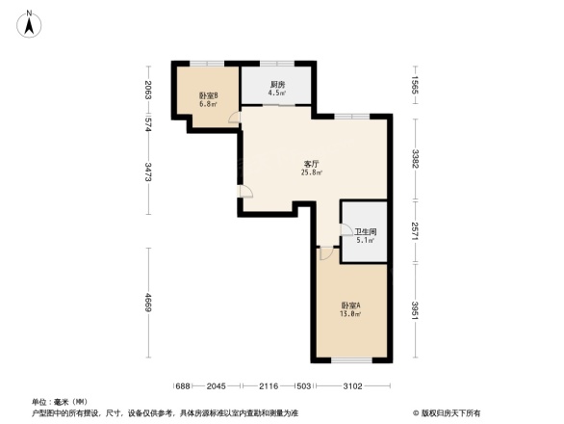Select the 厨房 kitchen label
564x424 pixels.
(x=277, y=89)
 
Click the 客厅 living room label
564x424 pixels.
(x=311, y=168)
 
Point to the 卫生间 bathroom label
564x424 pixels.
(x=366, y=236)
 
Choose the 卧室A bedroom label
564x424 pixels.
(x=350, y=310)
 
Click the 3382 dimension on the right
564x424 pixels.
(x=415, y=159)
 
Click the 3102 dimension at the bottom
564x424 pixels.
(x=352, y=385)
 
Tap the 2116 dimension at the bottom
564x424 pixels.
(x=269, y=385)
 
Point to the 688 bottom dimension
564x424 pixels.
(x=183, y=385)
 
